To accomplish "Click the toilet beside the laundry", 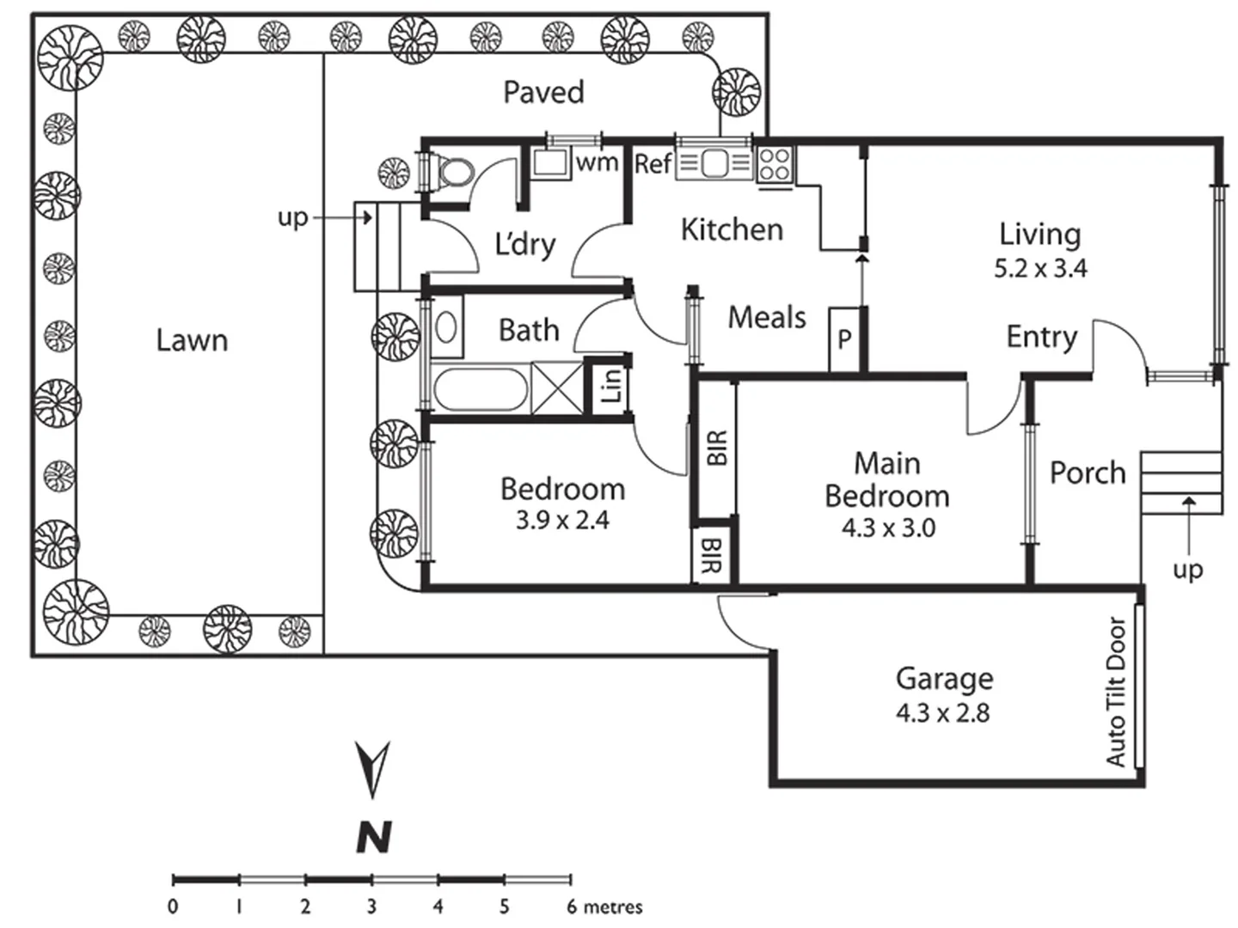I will tap(454, 171).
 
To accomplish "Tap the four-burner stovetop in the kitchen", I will tap(775, 163).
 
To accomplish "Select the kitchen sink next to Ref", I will tap(714, 163).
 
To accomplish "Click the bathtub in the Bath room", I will tap(480, 391).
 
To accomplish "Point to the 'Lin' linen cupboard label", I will tap(610, 385).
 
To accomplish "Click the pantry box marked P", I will tap(844, 339).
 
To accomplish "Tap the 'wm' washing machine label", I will tap(597, 162).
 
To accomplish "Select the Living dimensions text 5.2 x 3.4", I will tap(1040, 268).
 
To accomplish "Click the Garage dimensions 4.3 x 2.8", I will tap(942, 713).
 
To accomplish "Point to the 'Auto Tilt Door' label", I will tap(1115, 692).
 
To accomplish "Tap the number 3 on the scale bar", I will tap(371, 906).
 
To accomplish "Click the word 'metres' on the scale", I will tap(612, 906).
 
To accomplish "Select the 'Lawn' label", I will tap(192, 340).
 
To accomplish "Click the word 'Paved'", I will tap(543, 92).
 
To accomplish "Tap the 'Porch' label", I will tap(1088, 473).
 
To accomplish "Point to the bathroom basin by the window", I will tap(446, 327).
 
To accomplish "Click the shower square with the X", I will tap(555, 389).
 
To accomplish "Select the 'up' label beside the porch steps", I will tap(1187, 569).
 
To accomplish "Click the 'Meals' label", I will tap(767, 317).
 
